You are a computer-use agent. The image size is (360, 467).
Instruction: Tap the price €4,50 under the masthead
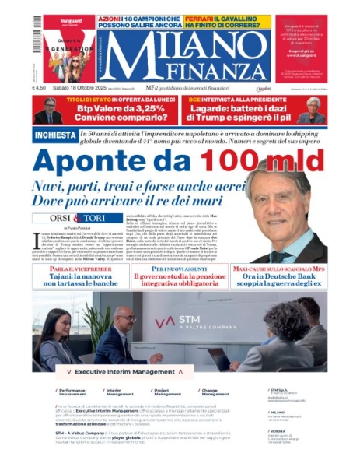click(x=41, y=88)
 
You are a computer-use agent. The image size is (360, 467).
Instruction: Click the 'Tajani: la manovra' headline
click(x=75, y=278)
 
